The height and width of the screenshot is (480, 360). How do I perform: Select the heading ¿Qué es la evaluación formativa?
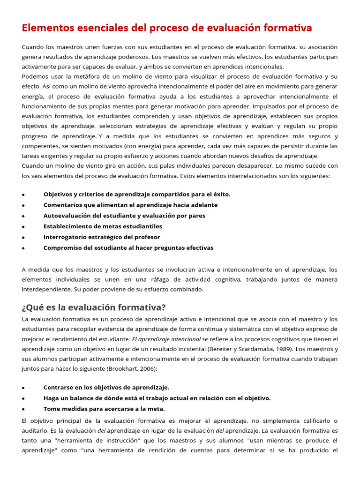click(94, 307)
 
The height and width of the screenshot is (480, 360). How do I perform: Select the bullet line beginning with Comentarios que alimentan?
click(130, 205)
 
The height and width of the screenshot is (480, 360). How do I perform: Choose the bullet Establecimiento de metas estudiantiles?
click(103, 226)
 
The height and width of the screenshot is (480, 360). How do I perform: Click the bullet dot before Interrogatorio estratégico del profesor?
click(23, 238)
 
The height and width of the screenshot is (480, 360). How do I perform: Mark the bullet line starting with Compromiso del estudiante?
click(128, 247)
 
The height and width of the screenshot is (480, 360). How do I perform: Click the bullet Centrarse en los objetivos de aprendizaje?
click(106, 387)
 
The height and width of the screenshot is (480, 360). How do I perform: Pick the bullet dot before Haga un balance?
click(23, 398)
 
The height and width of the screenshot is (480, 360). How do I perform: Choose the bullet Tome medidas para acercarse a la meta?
click(104, 409)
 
